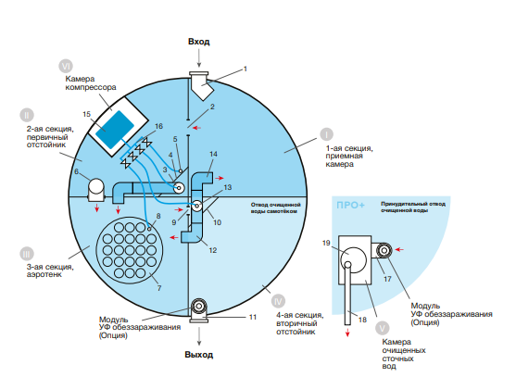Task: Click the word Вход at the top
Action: click(x=199, y=42)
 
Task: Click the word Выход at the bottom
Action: click(x=199, y=355)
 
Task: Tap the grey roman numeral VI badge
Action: click(x=66, y=66)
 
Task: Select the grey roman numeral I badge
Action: click(x=326, y=134)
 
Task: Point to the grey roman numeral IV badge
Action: click(x=279, y=301)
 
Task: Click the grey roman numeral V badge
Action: click(x=382, y=328)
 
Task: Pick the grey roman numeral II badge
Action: click(x=27, y=115)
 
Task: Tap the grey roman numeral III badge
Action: click(x=27, y=254)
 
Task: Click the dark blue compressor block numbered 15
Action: click(x=115, y=130)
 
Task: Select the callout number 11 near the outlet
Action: click(x=252, y=317)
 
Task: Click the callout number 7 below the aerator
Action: click(x=159, y=288)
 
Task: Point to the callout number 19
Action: click(x=326, y=243)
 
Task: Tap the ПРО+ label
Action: click(x=350, y=206)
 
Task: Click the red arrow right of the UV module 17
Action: click(x=399, y=250)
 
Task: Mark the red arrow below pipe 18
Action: click(x=347, y=333)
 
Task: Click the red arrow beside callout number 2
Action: click(x=196, y=128)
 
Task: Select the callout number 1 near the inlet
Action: click(x=245, y=69)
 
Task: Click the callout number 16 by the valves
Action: click(x=158, y=126)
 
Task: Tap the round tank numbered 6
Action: click(x=96, y=190)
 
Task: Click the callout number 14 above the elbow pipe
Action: click(x=213, y=154)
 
